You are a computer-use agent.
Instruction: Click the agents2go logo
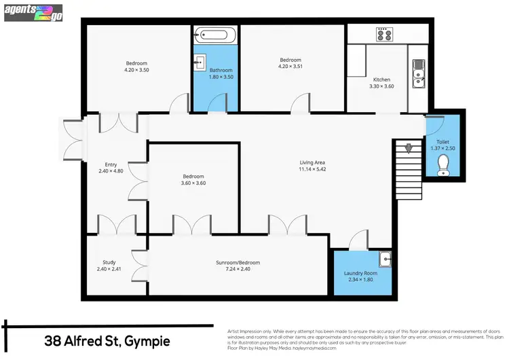[x=33, y=12]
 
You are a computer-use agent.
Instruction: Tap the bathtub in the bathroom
[x=214, y=35]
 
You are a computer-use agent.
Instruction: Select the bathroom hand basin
[x=200, y=63]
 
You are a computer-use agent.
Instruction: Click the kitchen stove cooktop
[x=385, y=33]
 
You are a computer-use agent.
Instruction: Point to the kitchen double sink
[x=418, y=73]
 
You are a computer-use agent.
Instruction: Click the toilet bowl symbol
[x=444, y=164]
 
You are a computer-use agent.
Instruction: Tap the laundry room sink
[x=385, y=258]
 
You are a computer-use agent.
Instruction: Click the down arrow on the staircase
[x=408, y=149]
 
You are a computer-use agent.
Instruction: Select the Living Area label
[x=313, y=162]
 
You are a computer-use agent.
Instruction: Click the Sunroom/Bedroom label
[x=238, y=263]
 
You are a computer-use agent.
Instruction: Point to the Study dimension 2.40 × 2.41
[x=109, y=270]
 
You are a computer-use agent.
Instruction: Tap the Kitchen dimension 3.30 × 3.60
[x=381, y=86]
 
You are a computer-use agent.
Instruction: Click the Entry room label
[x=111, y=164]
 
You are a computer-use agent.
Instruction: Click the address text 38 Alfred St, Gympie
[x=107, y=340]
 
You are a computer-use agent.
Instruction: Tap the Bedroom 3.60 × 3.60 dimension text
[x=193, y=183]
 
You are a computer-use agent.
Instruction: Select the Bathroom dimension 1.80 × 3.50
[x=221, y=77]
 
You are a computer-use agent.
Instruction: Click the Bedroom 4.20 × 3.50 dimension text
[x=136, y=70]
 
